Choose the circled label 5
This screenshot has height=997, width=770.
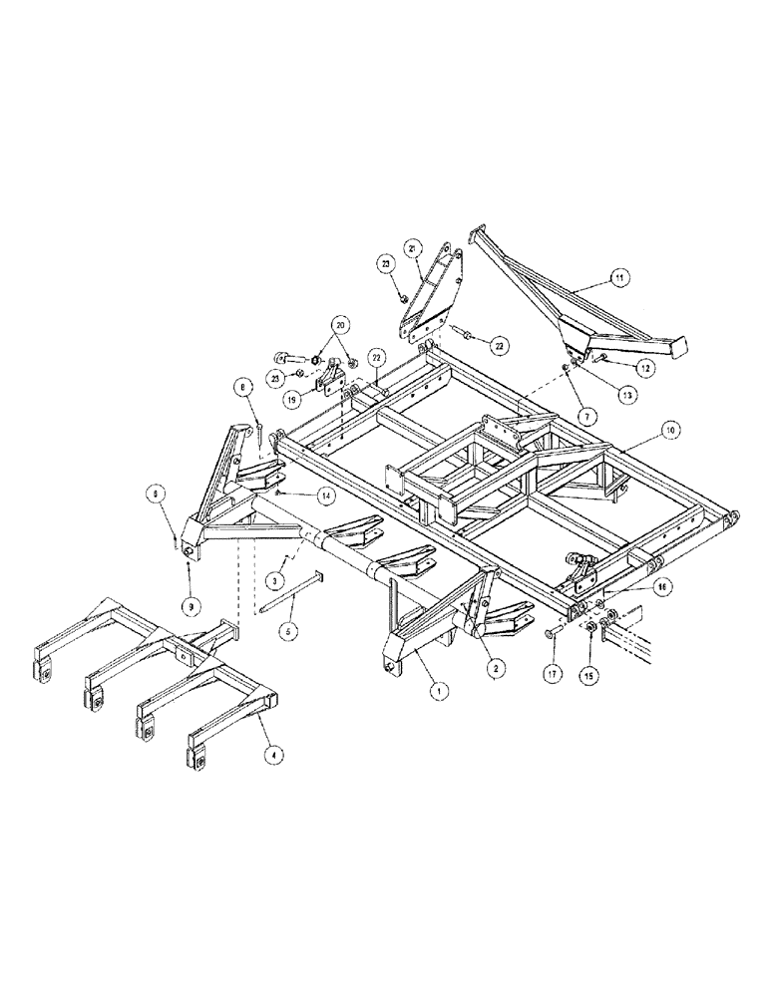[290, 631]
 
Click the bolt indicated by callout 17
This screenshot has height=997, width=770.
[553, 633]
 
